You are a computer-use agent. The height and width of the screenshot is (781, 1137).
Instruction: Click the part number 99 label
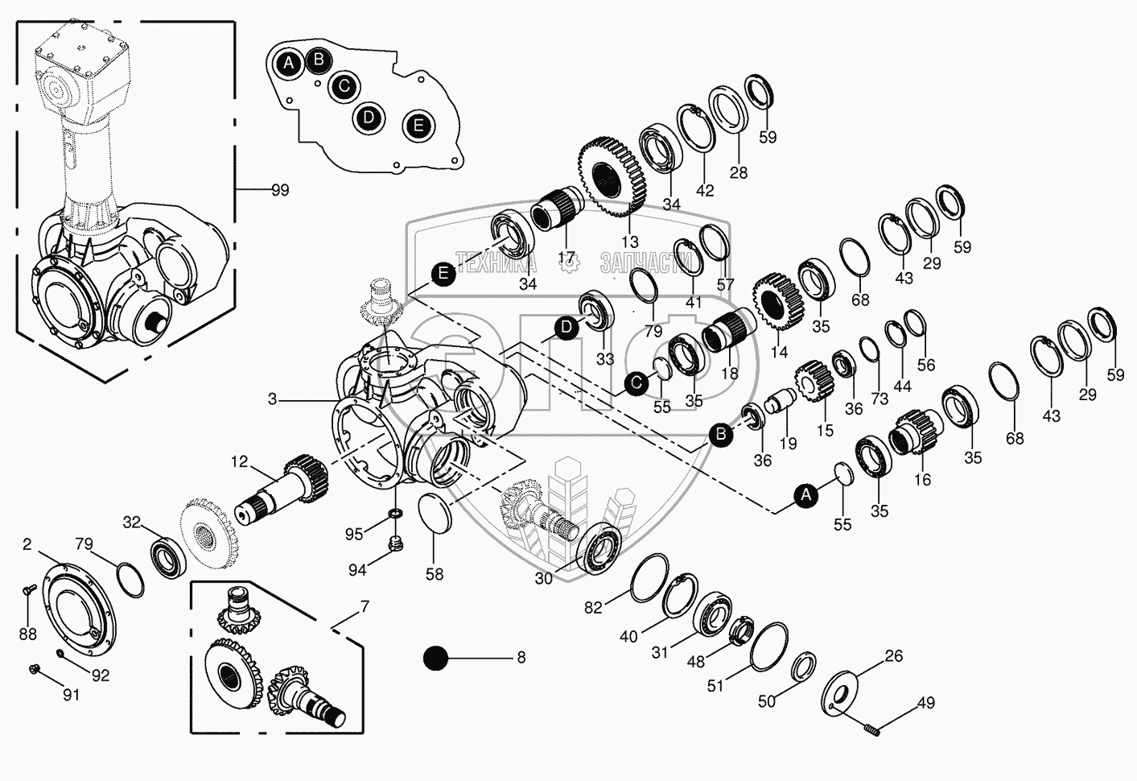click(279, 190)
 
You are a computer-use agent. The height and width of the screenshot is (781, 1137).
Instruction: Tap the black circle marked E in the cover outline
click(417, 126)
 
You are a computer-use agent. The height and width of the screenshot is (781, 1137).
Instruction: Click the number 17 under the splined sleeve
click(567, 259)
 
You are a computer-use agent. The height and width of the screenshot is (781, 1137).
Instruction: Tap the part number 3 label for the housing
click(273, 399)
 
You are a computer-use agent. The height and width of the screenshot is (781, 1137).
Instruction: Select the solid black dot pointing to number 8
click(436, 658)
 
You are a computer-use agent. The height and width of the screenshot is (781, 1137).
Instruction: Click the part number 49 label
click(925, 703)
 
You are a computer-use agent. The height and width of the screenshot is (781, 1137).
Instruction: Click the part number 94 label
click(357, 570)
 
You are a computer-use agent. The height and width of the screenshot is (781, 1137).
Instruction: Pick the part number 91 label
click(72, 693)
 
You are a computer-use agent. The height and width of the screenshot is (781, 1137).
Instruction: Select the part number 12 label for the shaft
click(240, 461)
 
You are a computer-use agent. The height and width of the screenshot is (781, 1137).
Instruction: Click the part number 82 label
click(593, 608)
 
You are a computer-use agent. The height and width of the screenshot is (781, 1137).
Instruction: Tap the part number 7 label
click(365, 604)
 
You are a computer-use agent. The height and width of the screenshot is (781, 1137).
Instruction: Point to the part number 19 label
click(788, 443)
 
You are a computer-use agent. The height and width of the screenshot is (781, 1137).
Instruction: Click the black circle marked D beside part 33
click(567, 328)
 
